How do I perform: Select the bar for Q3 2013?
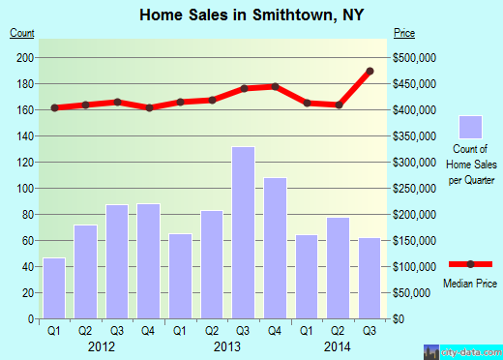coord(243,232)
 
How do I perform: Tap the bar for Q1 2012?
coord(54,287)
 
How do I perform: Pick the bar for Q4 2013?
coord(275,248)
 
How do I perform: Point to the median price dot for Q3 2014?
coord(370,71)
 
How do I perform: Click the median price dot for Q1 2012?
coord(54,107)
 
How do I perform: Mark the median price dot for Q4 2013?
coord(275,87)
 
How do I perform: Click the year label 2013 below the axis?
coord(227,345)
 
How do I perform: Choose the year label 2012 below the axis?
coord(102,345)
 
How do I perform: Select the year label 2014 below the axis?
coord(338,345)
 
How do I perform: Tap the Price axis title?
coord(404,34)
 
